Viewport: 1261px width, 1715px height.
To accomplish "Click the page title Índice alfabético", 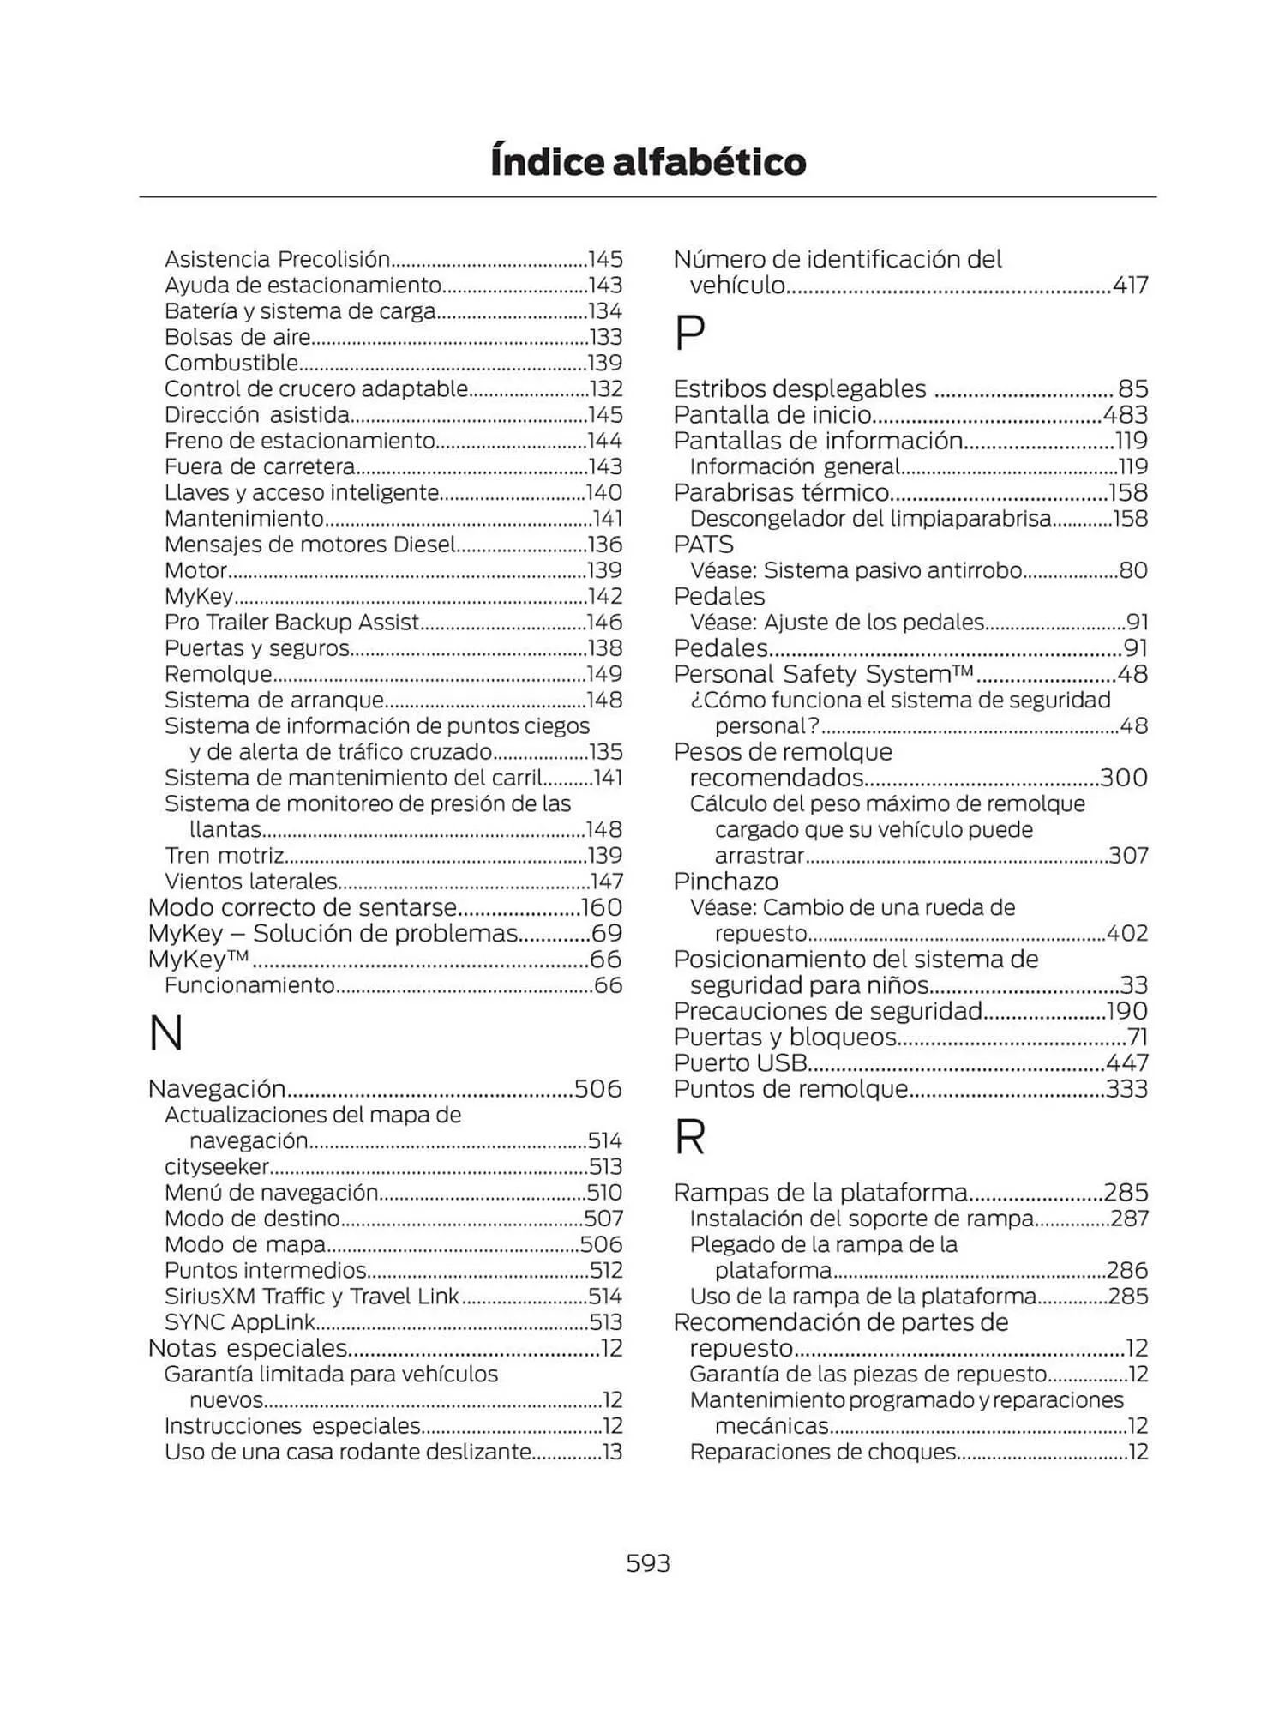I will [647, 161].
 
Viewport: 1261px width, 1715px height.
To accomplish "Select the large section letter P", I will [690, 333].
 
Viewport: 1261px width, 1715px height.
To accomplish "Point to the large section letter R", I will [690, 1137].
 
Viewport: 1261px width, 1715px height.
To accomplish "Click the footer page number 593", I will [647, 1562].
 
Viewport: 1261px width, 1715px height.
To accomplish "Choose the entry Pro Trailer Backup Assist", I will [291, 622].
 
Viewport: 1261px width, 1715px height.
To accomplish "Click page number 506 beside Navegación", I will [598, 1088].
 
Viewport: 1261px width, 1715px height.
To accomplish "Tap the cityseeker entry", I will [217, 1166].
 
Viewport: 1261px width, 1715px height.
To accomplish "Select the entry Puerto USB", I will [741, 1062].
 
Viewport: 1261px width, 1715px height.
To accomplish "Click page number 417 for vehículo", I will [1130, 285].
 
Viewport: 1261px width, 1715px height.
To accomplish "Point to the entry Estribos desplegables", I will [799, 388].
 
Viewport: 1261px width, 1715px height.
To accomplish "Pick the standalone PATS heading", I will [703, 545].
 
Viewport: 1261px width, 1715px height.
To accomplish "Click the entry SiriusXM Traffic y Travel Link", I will [312, 1296].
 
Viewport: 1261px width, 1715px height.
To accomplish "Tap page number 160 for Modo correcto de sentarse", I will [602, 907].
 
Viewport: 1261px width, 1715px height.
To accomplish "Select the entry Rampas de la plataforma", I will [820, 1192].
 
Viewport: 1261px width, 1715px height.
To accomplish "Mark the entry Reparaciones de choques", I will [823, 1452].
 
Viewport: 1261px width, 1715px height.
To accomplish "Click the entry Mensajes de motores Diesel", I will [310, 545].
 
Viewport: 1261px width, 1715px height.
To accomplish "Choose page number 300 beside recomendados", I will [1124, 778].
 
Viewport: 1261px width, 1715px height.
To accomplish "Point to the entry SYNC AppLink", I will [240, 1321].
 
